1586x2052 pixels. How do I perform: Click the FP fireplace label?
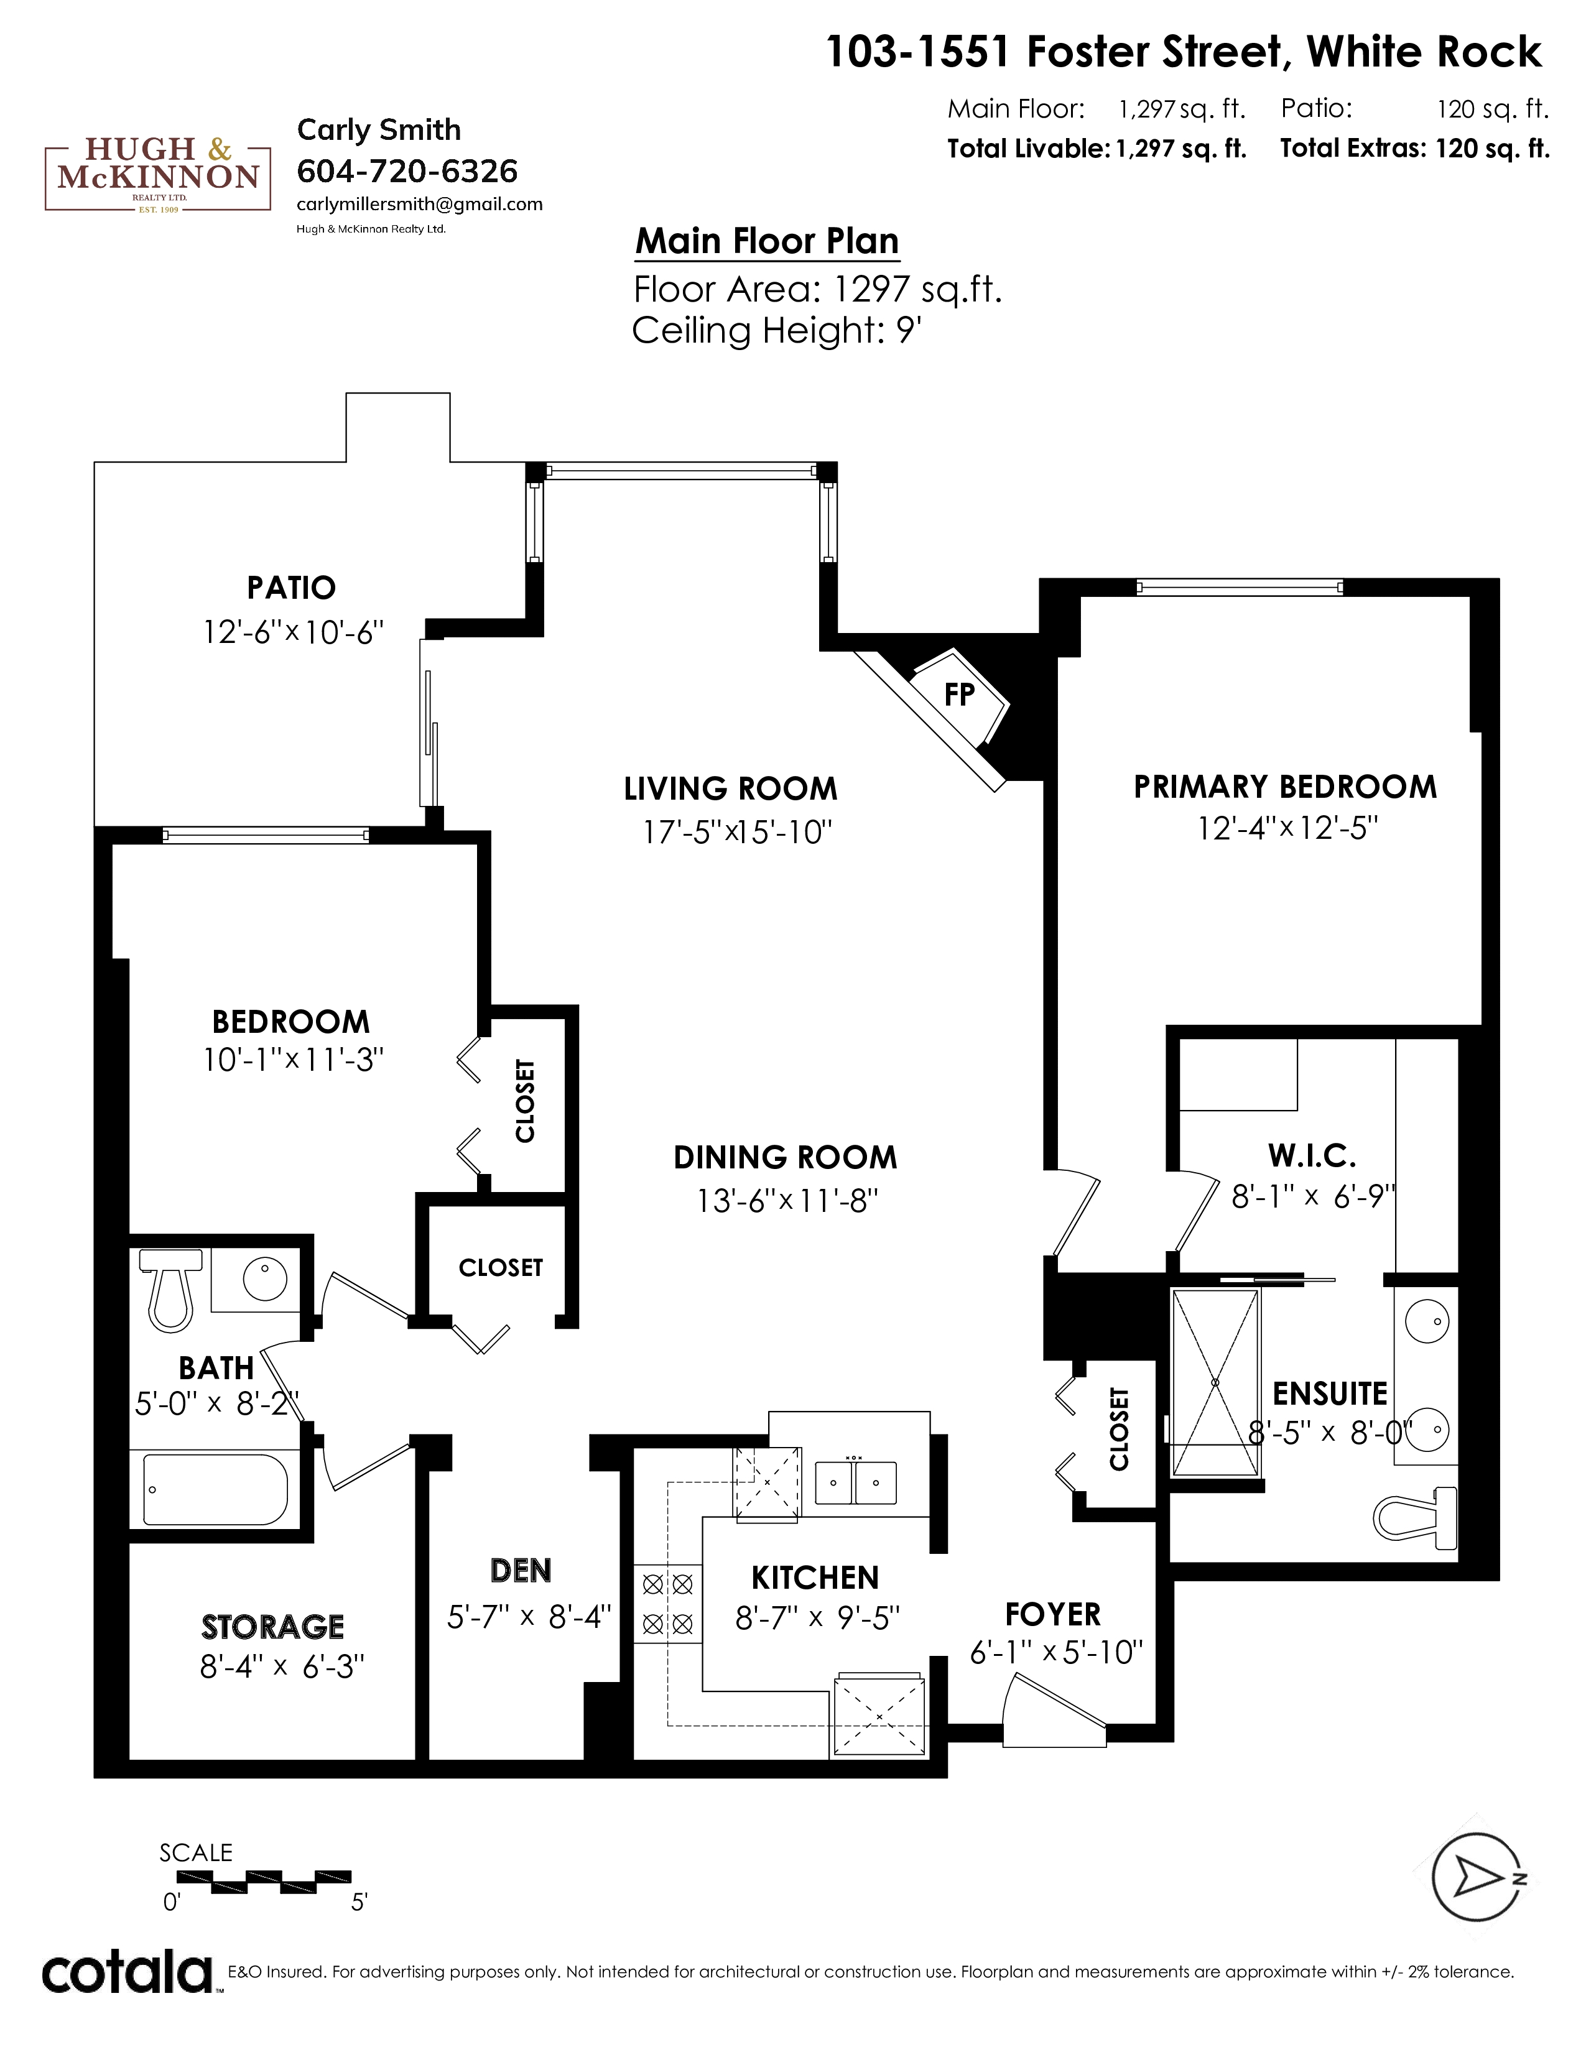[958, 695]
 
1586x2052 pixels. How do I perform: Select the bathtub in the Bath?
[215, 1490]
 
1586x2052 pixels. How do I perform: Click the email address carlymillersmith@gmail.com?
[419, 204]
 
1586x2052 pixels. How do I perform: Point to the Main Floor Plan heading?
[767, 241]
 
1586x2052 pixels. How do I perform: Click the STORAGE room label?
[272, 1627]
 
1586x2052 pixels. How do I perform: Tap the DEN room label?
[521, 1570]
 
